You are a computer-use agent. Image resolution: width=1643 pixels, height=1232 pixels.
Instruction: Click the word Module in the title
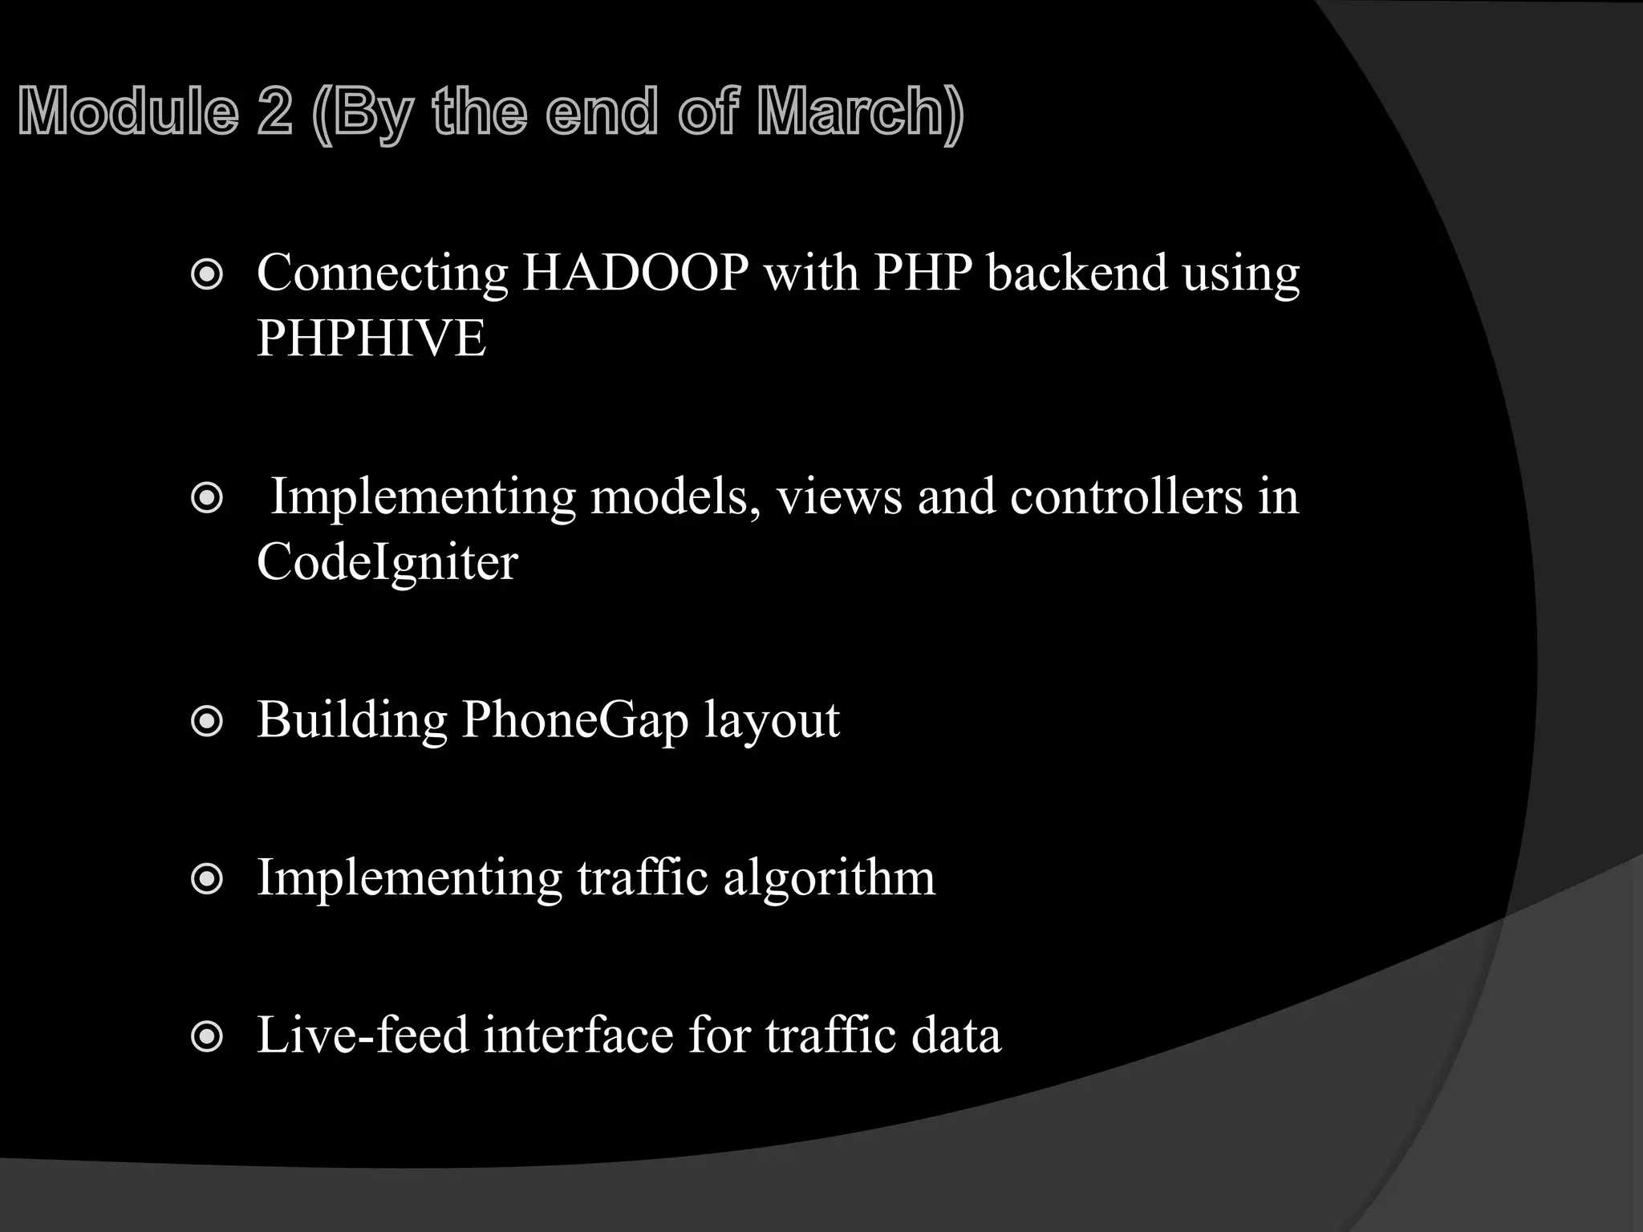click(128, 111)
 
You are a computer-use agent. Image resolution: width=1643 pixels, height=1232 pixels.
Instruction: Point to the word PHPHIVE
click(371, 338)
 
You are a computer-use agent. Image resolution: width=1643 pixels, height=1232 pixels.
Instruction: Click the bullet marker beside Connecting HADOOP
click(207, 276)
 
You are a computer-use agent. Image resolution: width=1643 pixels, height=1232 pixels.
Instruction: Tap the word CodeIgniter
click(387, 561)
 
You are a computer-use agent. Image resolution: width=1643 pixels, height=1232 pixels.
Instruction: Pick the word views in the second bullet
click(839, 496)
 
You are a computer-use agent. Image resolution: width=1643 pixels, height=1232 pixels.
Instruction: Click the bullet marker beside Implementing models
click(207, 500)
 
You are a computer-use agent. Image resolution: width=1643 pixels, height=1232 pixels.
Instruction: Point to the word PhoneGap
click(574, 719)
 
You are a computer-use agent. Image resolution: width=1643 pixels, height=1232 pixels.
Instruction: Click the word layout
click(772, 719)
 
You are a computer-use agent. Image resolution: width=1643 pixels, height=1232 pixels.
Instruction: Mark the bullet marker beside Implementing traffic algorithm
click(207, 880)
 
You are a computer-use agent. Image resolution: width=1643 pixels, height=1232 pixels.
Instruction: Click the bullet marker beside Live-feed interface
click(207, 1037)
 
